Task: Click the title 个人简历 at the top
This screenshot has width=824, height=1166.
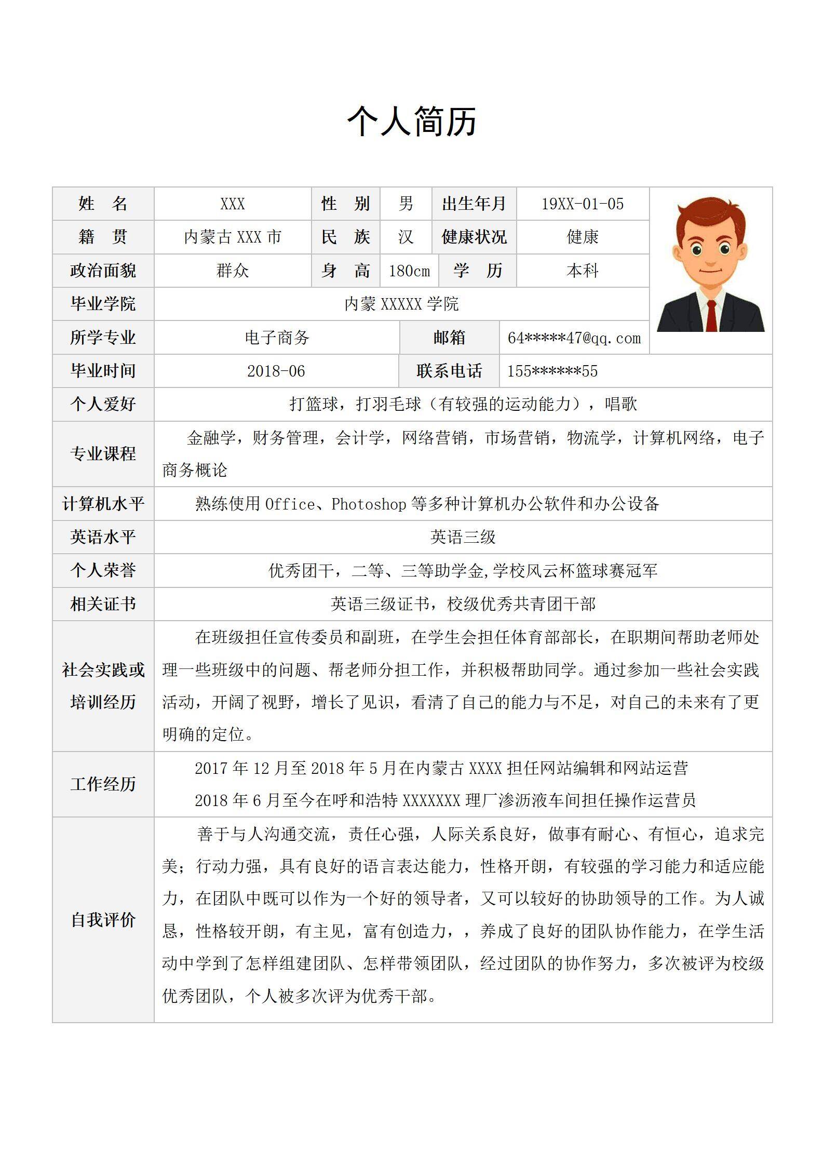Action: (412, 122)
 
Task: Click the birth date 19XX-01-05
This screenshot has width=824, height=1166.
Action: (583, 204)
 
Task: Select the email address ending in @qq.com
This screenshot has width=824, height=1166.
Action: (574, 338)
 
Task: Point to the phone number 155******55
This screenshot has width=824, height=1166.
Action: (552, 371)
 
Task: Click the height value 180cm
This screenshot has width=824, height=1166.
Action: (409, 271)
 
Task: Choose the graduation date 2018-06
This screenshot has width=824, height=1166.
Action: (276, 371)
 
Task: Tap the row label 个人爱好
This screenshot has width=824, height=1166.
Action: (103, 404)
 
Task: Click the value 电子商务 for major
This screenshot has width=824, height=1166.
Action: (277, 338)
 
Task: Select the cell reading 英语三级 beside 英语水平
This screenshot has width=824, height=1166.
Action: (463, 537)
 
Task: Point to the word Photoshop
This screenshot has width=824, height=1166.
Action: (369, 504)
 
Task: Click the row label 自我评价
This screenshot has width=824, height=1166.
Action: (103, 920)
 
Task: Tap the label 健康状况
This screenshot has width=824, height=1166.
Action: (474, 237)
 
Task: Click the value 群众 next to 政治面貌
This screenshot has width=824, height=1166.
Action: (233, 271)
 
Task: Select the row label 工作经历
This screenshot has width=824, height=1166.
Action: (103, 784)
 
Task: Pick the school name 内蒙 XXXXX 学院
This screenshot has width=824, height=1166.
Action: (401, 304)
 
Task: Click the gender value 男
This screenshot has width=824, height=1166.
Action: (406, 204)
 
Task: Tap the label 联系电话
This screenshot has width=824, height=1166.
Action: (449, 371)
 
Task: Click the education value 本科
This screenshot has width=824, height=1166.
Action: (583, 271)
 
